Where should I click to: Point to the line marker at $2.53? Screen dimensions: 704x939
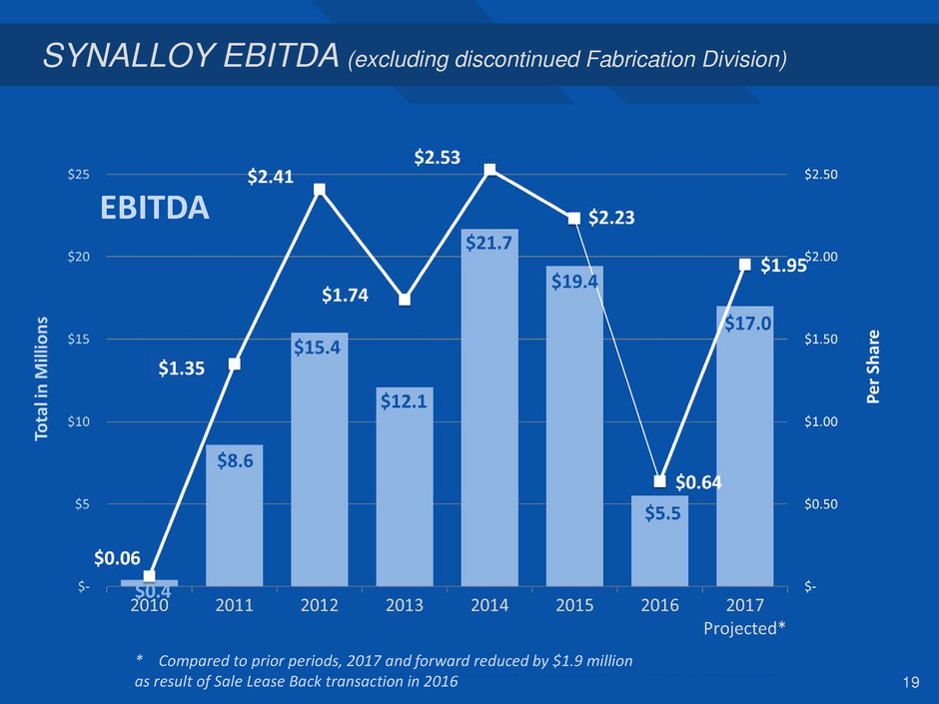tap(489, 170)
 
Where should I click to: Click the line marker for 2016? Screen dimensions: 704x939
tap(659, 481)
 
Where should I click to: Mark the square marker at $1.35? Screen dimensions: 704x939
tap(235, 363)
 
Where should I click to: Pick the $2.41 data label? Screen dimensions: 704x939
tap(271, 178)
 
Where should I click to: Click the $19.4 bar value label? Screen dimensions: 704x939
tap(574, 283)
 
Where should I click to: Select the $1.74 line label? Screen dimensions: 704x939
tap(345, 295)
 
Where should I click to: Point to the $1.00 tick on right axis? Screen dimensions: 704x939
tap(822, 421)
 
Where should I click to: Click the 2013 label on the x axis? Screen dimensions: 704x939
tap(405, 605)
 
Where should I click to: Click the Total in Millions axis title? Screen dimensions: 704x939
tap(42, 379)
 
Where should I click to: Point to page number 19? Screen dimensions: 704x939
tap(908, 682)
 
